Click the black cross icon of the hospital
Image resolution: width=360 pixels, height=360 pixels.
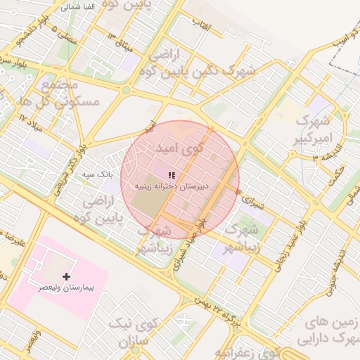[67, 276]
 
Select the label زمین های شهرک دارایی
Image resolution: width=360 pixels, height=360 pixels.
[330, 330]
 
